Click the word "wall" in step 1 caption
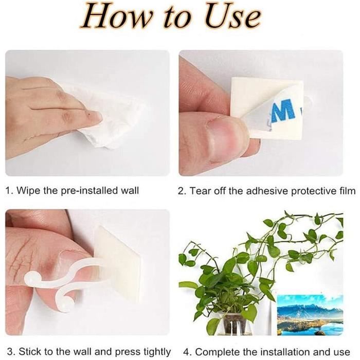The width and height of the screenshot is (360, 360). coord(130,191)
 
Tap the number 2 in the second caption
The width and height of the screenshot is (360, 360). coord(181,191)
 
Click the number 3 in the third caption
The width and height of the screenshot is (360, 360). coord(10,352)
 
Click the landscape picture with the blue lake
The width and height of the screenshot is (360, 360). coord(310,315)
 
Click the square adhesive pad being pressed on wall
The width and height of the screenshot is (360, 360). coord(118,264)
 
